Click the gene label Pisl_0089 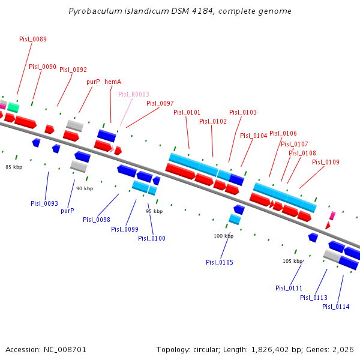pos(33,39)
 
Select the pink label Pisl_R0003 pos(134,94)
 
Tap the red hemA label pos(113,82)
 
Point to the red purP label pos(93,82)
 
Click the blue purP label pos(67,211)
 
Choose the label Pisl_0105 pos(220,262)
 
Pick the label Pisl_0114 pos(336,307)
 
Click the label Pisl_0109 pos(326,162)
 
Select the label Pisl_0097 pos(160,103)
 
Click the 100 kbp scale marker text pos(224,236)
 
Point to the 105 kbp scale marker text pos(293,261)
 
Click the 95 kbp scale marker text pos(154,211)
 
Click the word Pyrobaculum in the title pos(92,11)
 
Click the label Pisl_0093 pos(44,203)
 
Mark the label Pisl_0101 pos(187,112)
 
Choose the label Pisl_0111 pos(289,288)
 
